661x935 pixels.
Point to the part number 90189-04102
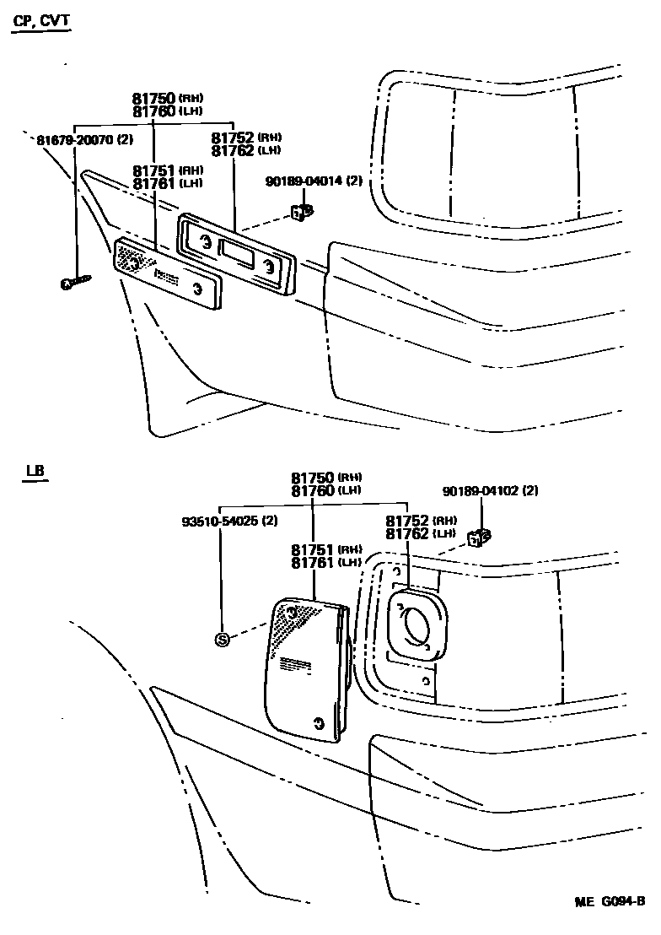479,490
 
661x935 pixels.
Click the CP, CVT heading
41,21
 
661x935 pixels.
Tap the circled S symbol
223,639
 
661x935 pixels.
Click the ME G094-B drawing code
610,901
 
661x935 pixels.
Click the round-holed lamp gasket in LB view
415,625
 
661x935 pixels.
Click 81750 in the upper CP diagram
152,99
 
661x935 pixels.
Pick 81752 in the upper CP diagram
232,137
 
